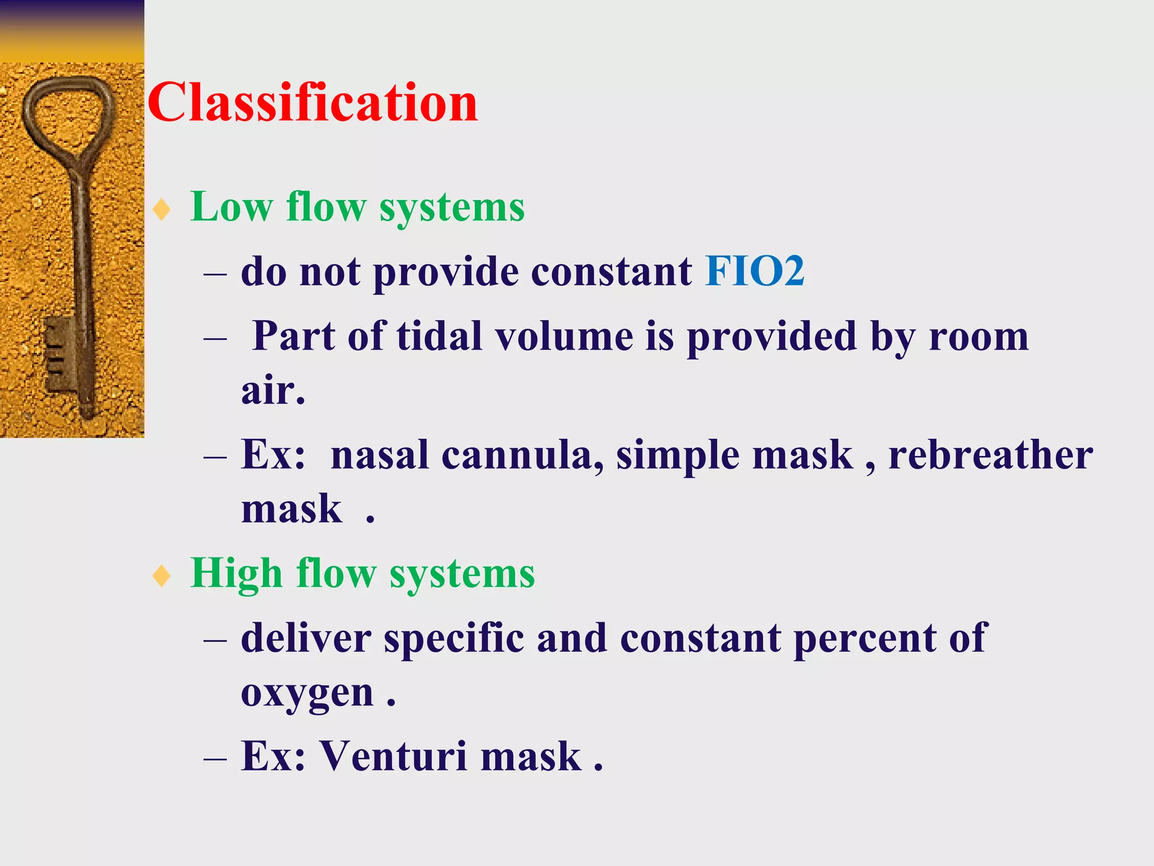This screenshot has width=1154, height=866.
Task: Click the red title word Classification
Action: pos(313,103)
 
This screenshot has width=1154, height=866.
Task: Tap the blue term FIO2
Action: pos(754,272)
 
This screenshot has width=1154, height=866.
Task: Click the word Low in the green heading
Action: pos(232,207)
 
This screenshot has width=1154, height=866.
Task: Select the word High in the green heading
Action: pos(237,573)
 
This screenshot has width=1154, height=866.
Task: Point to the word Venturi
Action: pos(393,755)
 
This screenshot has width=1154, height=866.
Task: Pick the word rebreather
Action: pos(991,455)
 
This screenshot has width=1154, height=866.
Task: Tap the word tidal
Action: pos(440,337)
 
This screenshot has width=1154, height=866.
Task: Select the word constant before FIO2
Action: pos(611,272)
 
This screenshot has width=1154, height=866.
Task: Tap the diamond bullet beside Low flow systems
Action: pos(162,210)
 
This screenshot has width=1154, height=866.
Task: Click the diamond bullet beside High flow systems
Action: pos(162,576)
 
